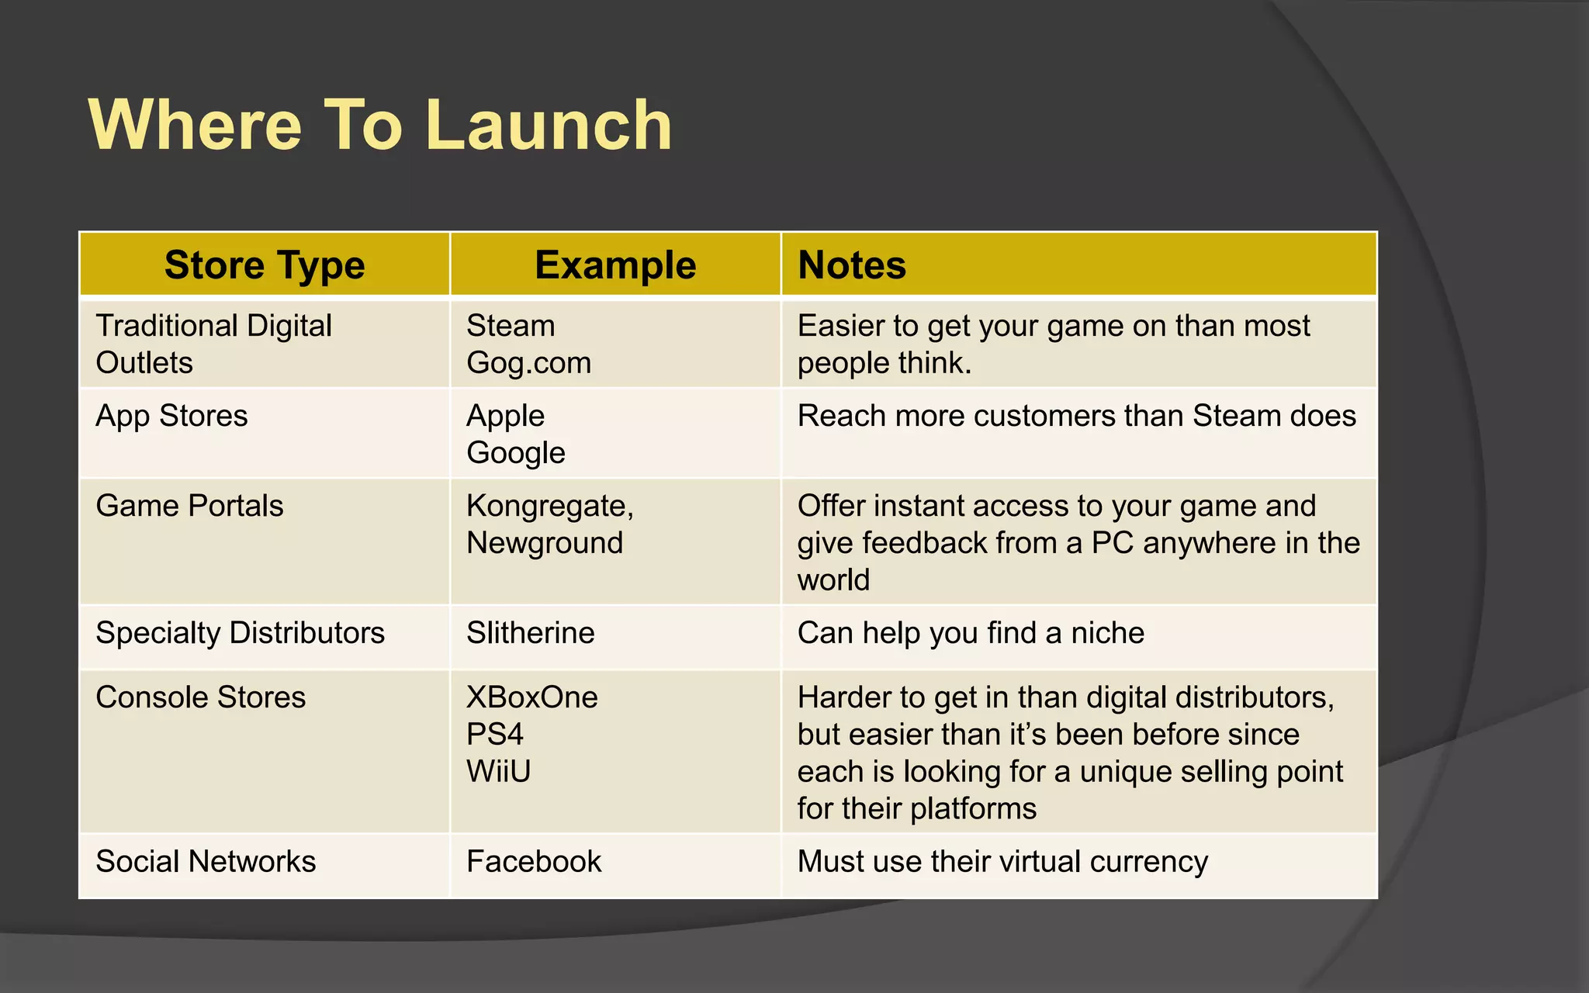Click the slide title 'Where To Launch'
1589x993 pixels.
click(380, 126)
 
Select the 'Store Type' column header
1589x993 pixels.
click(265, 265)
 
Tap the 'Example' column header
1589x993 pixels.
click(615, 265)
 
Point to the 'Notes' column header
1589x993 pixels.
click(852, 265)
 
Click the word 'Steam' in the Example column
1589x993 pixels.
click(511, 326)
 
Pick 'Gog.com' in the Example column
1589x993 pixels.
click(528, 363)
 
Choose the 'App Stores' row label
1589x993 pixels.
click(171, 416)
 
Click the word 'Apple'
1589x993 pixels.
click(505, 416)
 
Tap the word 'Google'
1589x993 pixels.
click(515, 453)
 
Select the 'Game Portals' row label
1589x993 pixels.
click(189, 506)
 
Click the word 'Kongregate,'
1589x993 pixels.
click(549, 506)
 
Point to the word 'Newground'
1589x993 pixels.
click(545, 543)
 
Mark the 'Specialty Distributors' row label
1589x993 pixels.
click(240, 633)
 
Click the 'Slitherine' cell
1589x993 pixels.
click(530, 633)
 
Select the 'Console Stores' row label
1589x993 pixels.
click(200, 697)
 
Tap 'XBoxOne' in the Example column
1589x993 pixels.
click(531, 697)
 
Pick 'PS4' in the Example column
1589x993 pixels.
click(495, 735)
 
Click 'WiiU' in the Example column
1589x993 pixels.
click(498, 772)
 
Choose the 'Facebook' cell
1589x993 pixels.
click(534, 862)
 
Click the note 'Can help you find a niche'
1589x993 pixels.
click(971, 633)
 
